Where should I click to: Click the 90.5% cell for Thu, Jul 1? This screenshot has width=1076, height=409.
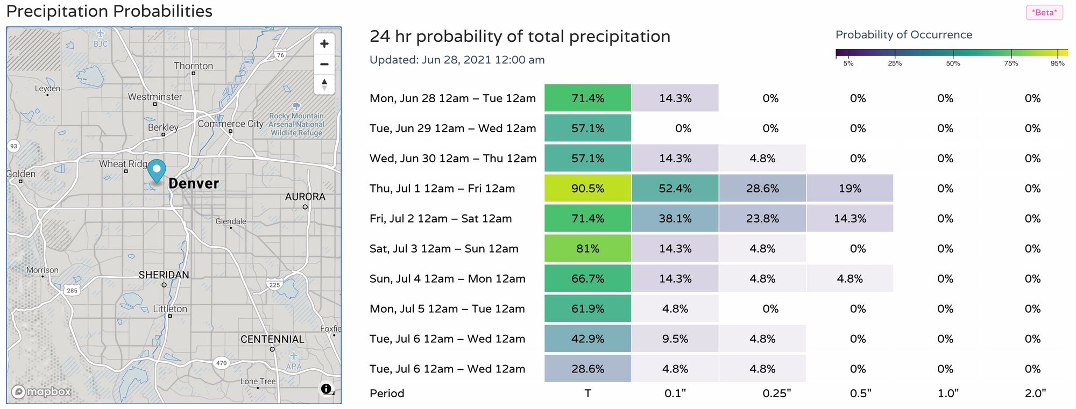pos(587,188)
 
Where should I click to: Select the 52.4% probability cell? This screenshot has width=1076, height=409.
pos(675,188)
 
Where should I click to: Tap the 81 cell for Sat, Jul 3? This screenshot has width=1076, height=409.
pos(587,248)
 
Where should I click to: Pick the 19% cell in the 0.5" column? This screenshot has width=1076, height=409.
pos(850,188)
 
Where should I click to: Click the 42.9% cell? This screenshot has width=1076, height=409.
pos(587,339)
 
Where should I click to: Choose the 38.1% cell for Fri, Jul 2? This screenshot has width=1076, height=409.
pos(675,218)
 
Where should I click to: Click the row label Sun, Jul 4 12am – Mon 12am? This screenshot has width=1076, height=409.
pos(447,278)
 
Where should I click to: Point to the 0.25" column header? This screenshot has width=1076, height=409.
pos(777,393)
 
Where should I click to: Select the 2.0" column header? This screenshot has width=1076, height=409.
pos(1035,393)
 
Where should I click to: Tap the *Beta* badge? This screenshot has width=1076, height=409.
pos(1044,12)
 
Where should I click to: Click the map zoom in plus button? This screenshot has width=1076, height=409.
pos(324,44)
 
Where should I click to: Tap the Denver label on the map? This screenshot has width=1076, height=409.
pos(194,183)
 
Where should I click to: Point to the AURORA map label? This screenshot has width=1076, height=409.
pos(305,197)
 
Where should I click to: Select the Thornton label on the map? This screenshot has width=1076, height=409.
pos(193,66)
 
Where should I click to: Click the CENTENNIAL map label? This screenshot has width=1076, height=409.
pos(272,339)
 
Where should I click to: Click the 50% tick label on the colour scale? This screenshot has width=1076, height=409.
pos(953,63)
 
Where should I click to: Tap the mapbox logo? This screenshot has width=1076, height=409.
pos(41,392)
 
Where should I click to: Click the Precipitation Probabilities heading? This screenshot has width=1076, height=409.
pos(109,11)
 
